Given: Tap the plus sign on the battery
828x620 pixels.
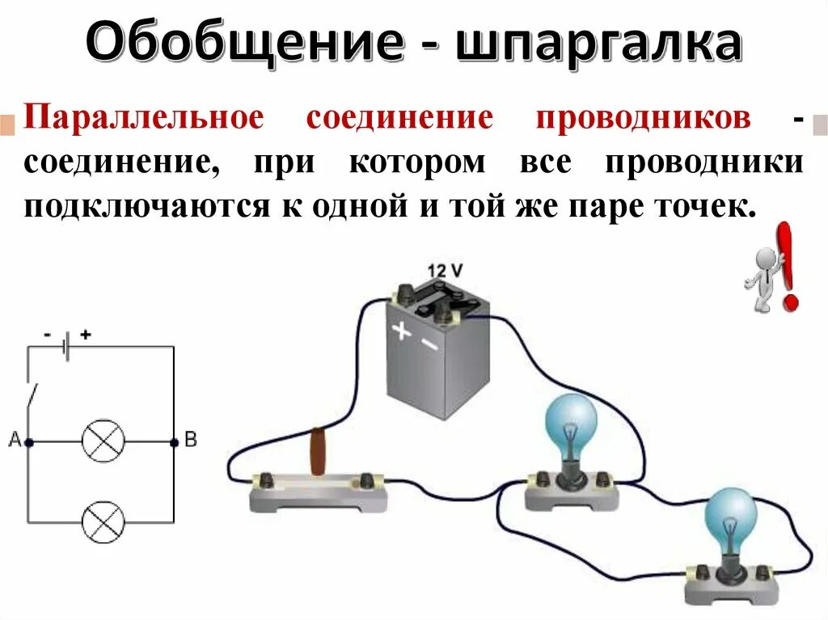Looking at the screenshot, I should coord(402,331).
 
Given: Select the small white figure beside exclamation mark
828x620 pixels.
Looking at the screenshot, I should coord(763,280).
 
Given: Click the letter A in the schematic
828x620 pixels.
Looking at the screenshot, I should coord(15,440).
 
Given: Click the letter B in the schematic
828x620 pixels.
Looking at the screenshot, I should coord(191,440).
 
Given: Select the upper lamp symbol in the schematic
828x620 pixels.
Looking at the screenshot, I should coord(103,442).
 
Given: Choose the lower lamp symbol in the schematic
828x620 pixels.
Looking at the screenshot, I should coord(103,521).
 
